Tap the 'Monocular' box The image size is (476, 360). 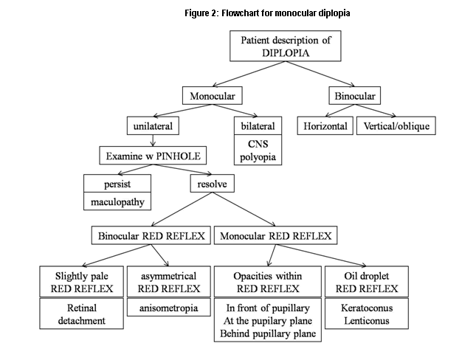212,96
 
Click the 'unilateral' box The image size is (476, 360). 153,126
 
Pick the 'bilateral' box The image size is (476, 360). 257,126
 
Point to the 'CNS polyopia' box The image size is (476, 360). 257,150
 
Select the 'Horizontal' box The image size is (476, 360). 325,126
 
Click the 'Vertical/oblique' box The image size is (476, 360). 396,126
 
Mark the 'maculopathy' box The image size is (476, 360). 118,201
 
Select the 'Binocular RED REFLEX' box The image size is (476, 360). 151,236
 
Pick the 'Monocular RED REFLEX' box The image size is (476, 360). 275,236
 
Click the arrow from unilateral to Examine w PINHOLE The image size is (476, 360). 152,140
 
